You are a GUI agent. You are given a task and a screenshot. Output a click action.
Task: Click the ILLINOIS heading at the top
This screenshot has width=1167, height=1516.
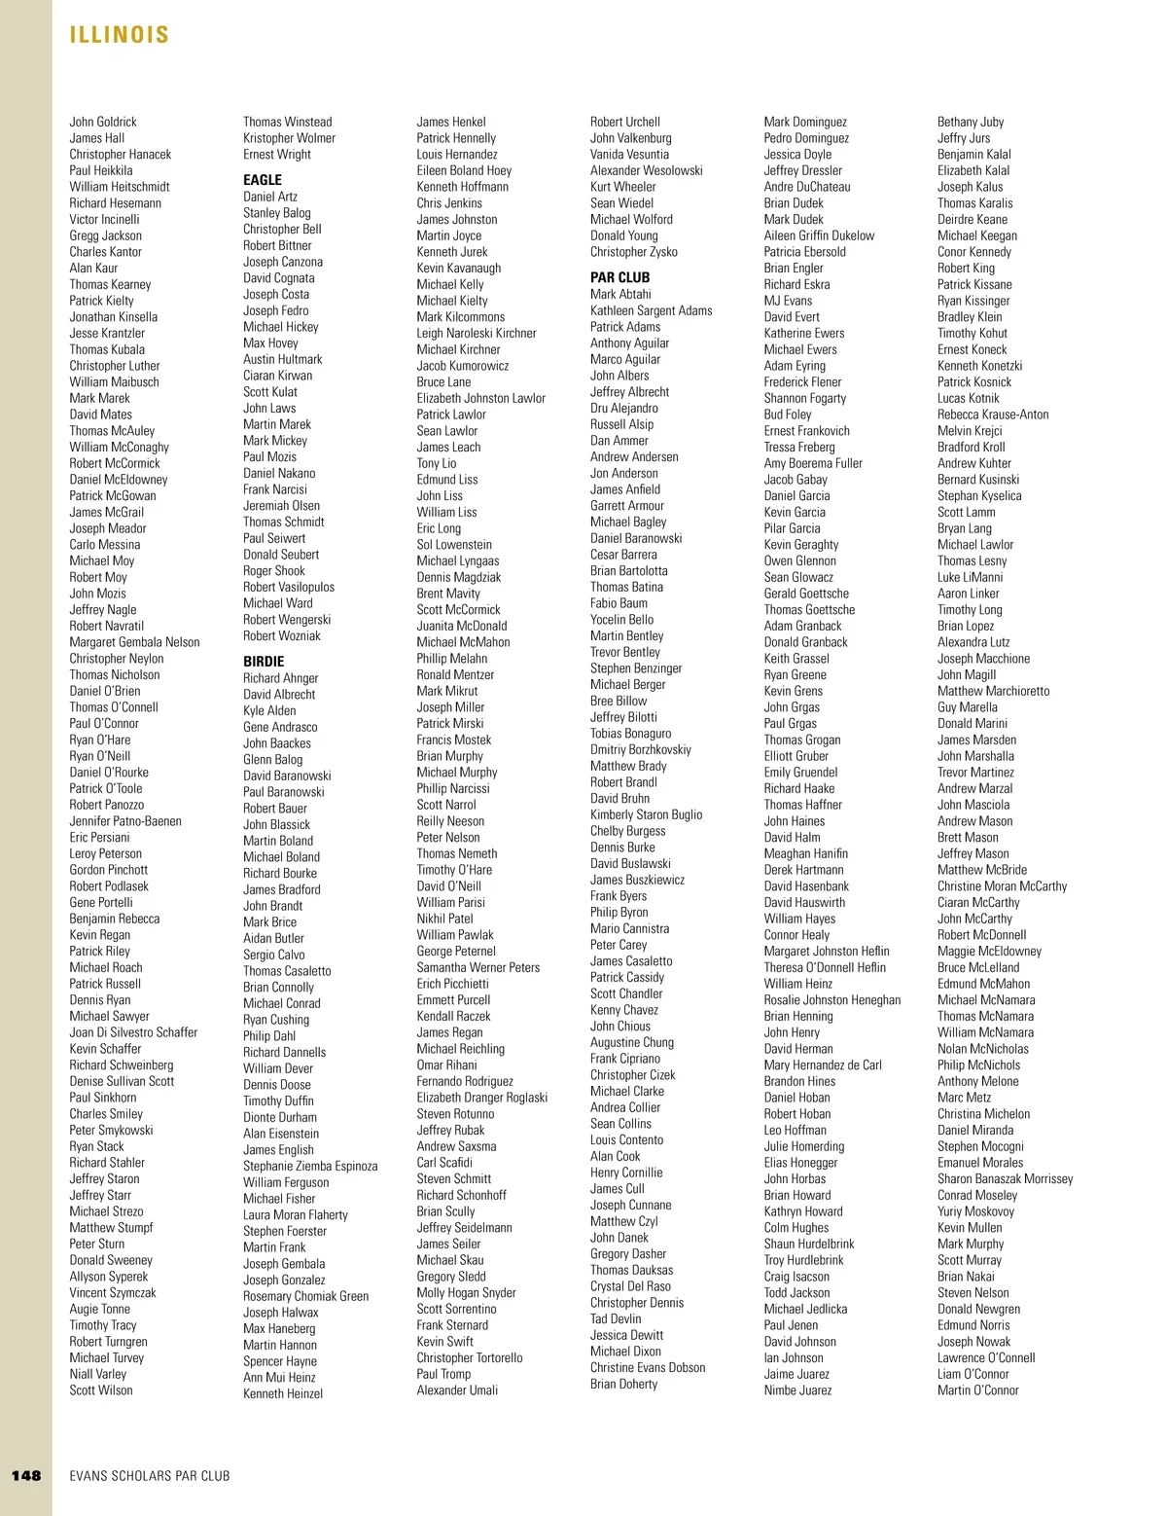click(x=120, y=36)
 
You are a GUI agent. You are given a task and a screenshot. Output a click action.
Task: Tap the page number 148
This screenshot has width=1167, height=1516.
click(x=26, y=1475)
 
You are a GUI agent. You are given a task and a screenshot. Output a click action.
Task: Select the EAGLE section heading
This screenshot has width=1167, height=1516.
click(x=263, y=180)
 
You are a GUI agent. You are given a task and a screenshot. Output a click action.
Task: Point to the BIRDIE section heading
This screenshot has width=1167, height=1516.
click(x=264, y=662)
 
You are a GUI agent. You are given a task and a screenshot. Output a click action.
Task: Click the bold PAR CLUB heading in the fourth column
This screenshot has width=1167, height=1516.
click(x=619, y=277)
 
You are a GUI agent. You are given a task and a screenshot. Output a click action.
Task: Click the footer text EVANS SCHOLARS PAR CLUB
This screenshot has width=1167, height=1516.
click(x=150, y=1476)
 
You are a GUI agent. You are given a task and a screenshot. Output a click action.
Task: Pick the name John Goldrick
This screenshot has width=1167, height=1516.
click(x=103, y=122)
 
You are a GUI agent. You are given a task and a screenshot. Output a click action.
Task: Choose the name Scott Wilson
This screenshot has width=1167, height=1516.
click(x=101, y=1390)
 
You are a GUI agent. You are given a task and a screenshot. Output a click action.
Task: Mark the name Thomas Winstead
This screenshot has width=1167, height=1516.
click(x=287, y=122)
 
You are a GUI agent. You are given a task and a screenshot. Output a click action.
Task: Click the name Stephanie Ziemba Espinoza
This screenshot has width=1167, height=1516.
click(x=310, y=1166)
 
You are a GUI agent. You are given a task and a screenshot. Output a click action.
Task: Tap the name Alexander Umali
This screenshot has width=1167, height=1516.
click(x=457, y=1390)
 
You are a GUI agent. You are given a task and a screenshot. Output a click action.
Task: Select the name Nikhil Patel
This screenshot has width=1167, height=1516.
click(x=444, y=919)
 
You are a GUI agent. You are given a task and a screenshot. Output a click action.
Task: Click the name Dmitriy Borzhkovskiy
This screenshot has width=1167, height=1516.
click(x=641, y=750)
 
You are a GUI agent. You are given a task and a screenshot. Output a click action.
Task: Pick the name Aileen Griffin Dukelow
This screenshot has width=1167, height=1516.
click(x=819, y=235)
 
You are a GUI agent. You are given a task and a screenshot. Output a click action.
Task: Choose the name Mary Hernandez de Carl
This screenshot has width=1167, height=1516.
click(x=823, y=1065)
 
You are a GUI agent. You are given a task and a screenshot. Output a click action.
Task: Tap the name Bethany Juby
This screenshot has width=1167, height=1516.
click(x=971, y=122)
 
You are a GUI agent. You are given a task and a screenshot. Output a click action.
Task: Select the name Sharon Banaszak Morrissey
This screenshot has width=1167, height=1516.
click(x=1006, y=1179)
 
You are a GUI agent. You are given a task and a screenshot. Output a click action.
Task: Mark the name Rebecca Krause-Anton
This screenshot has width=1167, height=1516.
click(x=993, y=415)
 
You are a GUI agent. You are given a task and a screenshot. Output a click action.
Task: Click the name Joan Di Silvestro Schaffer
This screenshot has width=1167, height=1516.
click(x=133, y=1032)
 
